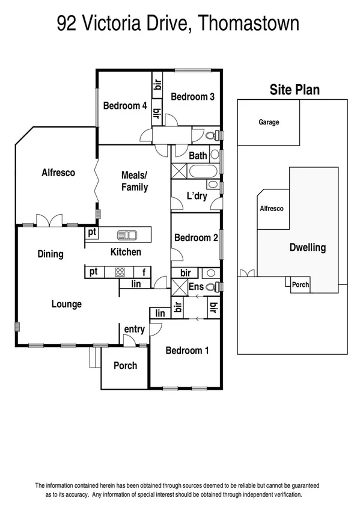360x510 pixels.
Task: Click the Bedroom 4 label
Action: coord(125,106)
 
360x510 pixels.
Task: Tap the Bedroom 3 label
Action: coord(192,97)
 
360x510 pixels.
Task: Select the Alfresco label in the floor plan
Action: coord(58,173)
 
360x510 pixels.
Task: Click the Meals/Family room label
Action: coord(135,181)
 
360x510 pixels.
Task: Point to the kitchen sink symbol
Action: coord(127,234)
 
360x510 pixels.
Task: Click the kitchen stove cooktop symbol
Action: coord(119,272)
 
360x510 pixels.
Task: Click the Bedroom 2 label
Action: coord(196,238)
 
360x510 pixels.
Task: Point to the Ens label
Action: coord(196,287)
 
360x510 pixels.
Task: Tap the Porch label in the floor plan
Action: coord(125,366)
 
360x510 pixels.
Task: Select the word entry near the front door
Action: coord(134,329)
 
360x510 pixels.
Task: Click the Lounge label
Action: coord(66,304)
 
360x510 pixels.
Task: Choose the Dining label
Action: coord(50,254)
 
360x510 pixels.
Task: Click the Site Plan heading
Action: coord(293,90)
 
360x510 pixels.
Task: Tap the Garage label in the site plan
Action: coord(269,123)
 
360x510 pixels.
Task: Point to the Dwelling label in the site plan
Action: coord(307,247)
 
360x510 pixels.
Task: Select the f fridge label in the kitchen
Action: coord(143,272)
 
